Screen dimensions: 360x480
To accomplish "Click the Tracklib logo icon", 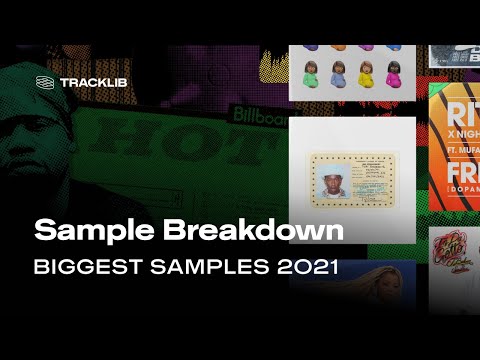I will tap(44, 82).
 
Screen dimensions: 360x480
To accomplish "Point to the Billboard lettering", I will tap(255, 116).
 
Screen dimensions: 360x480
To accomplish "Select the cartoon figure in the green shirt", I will tap(312, 73).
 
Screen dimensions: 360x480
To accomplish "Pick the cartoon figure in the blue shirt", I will tap(339, 73).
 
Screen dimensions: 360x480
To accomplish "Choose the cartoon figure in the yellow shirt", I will tap(366, 73).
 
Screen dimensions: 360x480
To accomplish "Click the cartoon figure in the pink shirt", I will tap(392, 73).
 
